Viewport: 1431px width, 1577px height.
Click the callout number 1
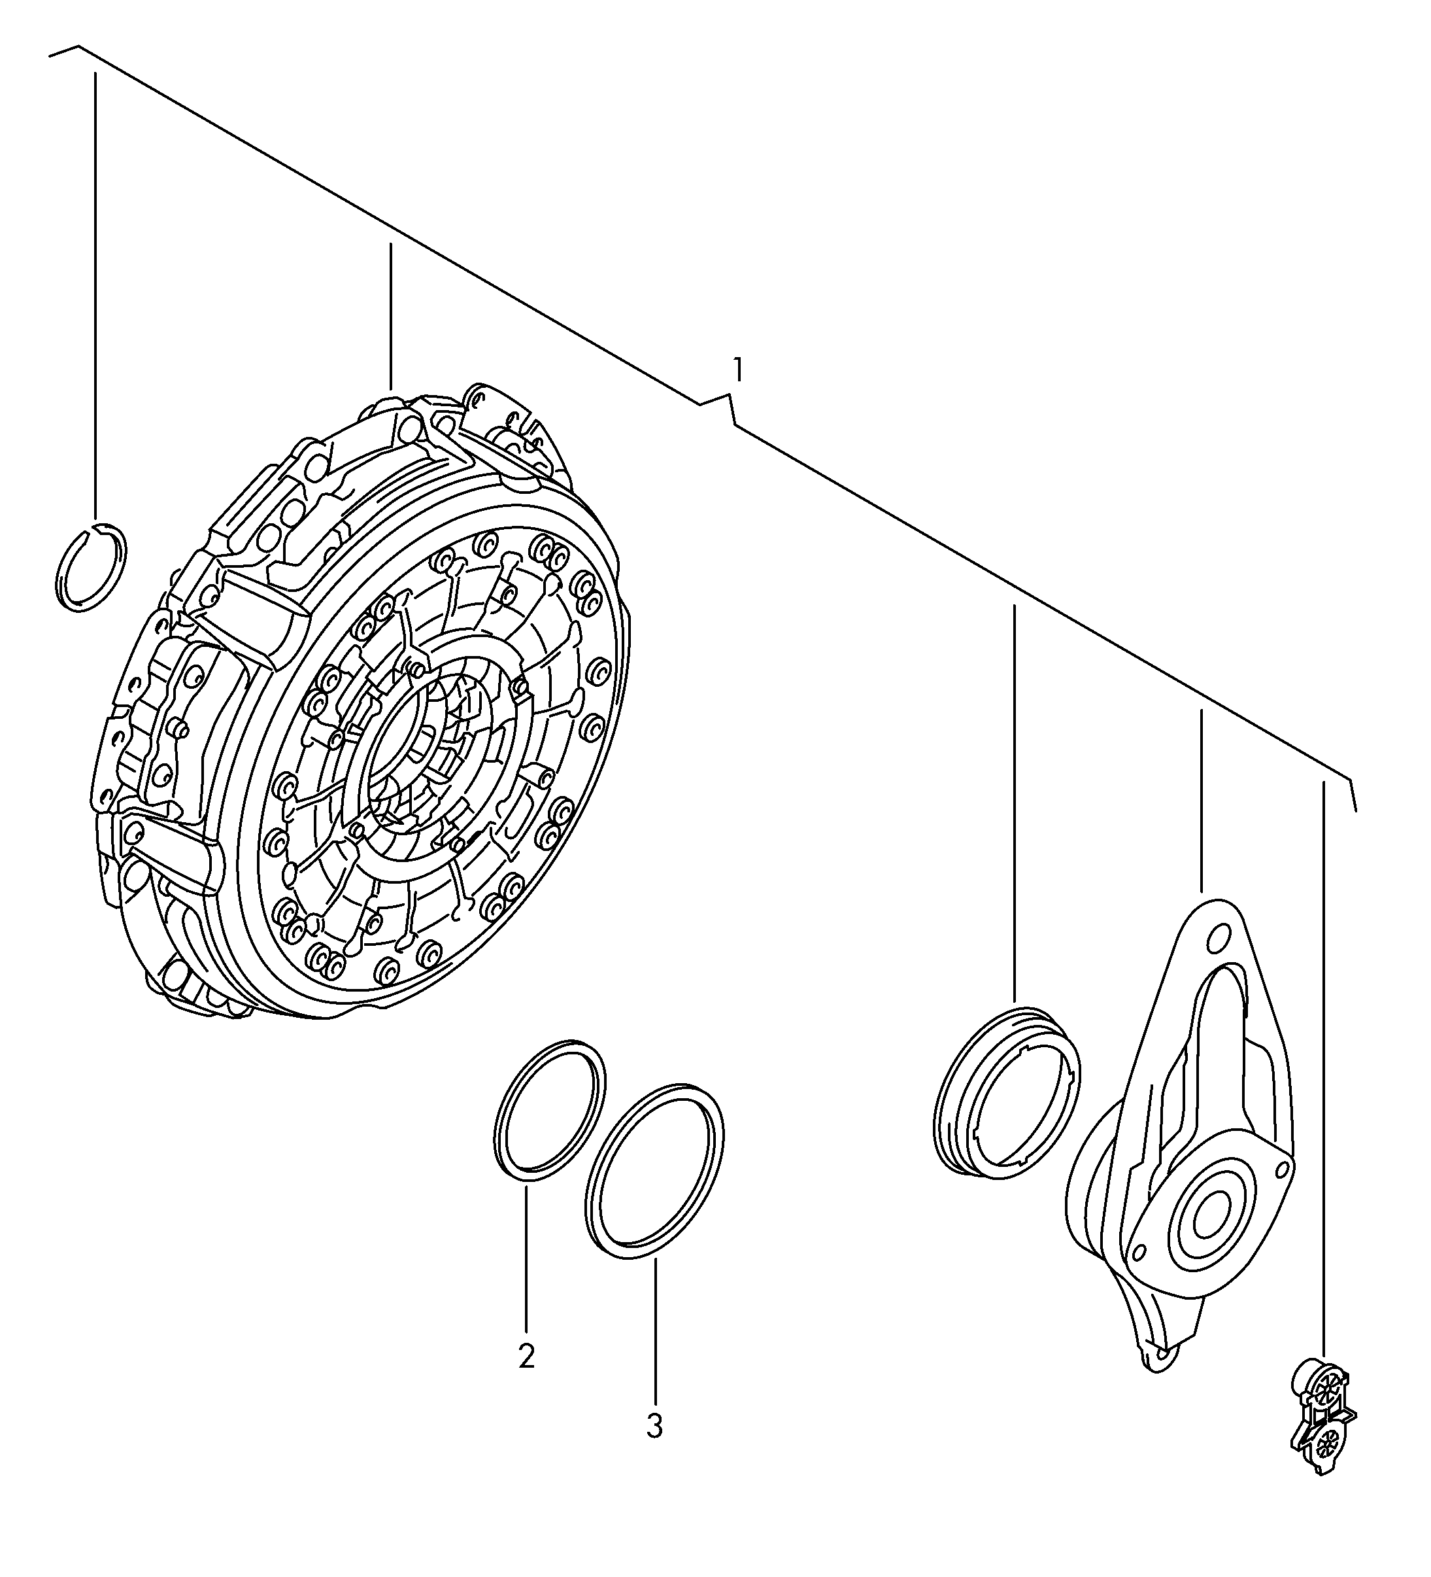click(736, 368)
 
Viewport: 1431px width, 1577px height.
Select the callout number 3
click(654, 1426)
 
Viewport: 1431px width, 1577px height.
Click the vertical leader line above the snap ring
click(95, 296)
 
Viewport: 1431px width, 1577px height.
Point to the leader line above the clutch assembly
click(390, 316)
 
